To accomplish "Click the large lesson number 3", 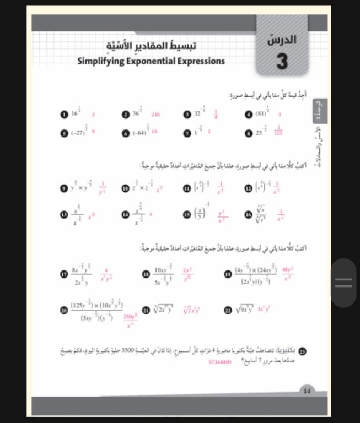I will tap(282, 61).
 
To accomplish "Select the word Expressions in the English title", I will tap(201, 61).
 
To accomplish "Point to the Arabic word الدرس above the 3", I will tap(282, 40).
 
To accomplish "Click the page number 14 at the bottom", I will tap(307, 391).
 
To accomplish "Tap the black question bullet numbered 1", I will tap(64, 115).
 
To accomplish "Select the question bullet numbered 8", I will tap(249, 133).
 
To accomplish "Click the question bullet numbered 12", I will tap(249, 188).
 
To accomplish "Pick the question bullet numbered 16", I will tap(249, 213).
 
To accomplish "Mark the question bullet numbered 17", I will tap(64, 274).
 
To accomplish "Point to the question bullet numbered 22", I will tap(228, 310).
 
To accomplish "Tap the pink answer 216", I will tap(155, 115).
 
